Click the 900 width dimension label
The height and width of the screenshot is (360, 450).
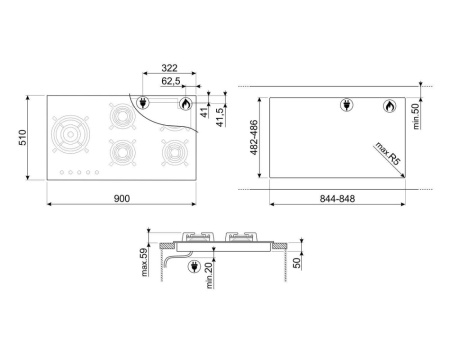(x=122, y=198)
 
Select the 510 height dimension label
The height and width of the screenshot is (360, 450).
(x=22, y=137)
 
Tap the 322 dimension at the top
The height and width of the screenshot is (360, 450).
(x=169, y=68)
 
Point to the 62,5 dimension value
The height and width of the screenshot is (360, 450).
(x=171, y=81)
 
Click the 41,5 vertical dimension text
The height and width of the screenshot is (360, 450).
(x=220, y=117)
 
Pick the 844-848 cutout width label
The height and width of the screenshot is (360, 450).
(x=337, y=199)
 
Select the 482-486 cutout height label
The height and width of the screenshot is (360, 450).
(x=254, y=137)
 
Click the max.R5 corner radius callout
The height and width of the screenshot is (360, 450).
(x=387, y=153)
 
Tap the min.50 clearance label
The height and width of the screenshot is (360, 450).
(x=416, y=116)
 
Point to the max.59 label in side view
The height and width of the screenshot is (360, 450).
(x=144, y=262)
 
